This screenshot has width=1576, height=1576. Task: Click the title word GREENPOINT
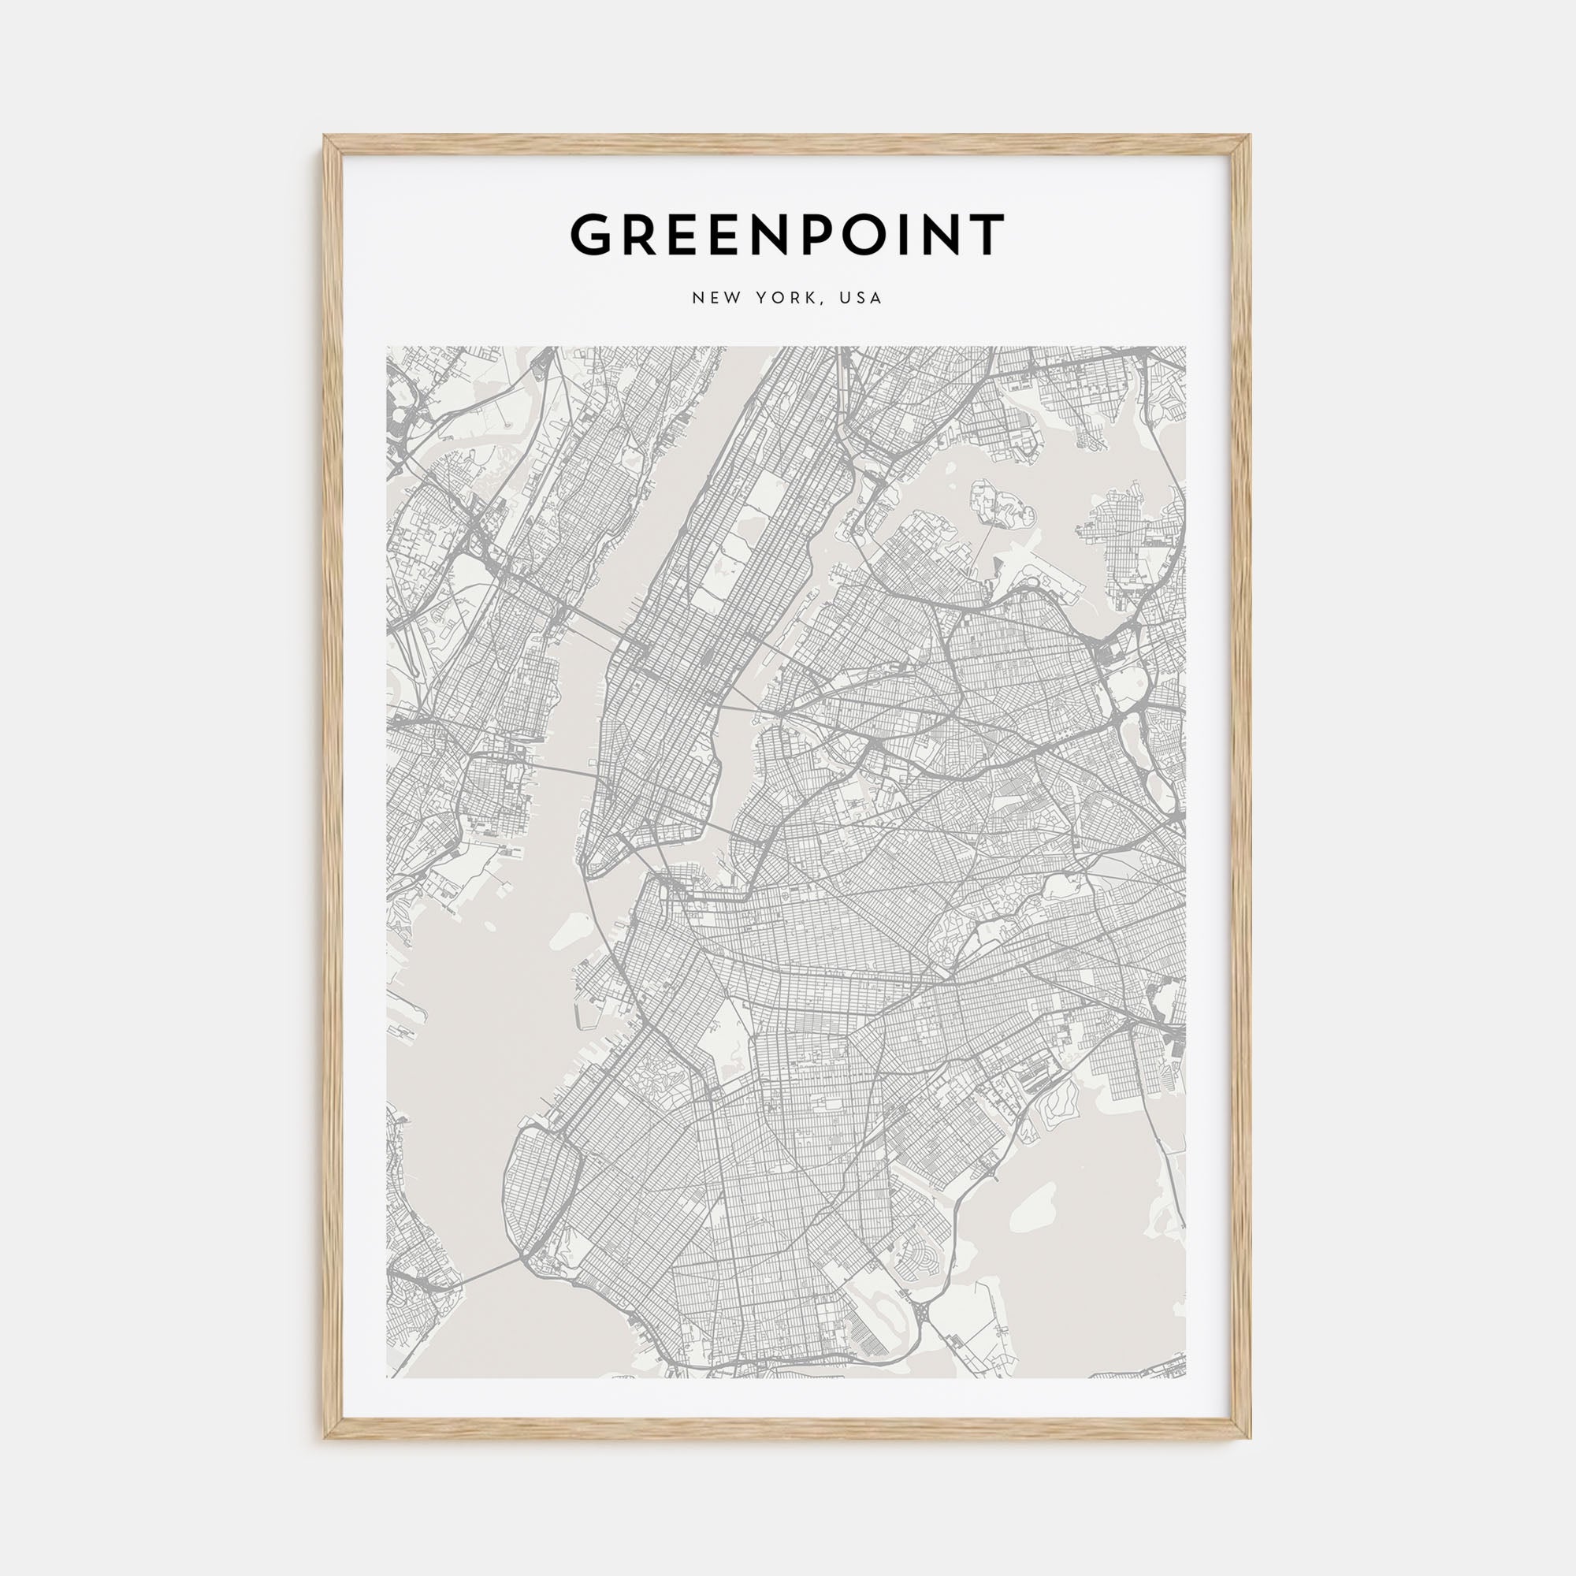(787, 235)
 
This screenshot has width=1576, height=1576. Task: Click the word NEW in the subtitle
(717, 299)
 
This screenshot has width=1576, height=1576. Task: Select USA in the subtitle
(863, 299)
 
